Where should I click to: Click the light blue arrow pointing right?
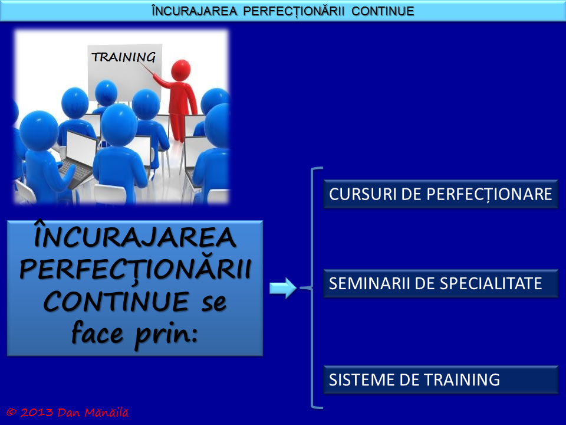(x=282, y=289)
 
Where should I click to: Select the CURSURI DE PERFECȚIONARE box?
(x=440, y=195)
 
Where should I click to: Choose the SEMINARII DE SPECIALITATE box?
(x=440, y=283)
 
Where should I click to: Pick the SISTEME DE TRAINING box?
(x=440, y=380)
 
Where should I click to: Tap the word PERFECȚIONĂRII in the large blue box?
(x=135, y=270)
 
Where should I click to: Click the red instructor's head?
(x=180, y=70)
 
